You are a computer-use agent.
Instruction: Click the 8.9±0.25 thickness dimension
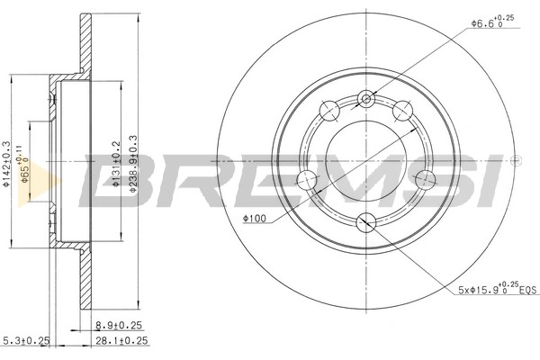pos(119,327)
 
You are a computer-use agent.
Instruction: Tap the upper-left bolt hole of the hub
pos(328,111)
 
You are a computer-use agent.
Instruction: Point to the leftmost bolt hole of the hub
pos(306,178)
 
